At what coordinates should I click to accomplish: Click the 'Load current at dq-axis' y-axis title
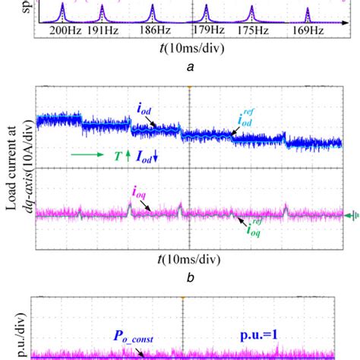pos(14,171)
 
